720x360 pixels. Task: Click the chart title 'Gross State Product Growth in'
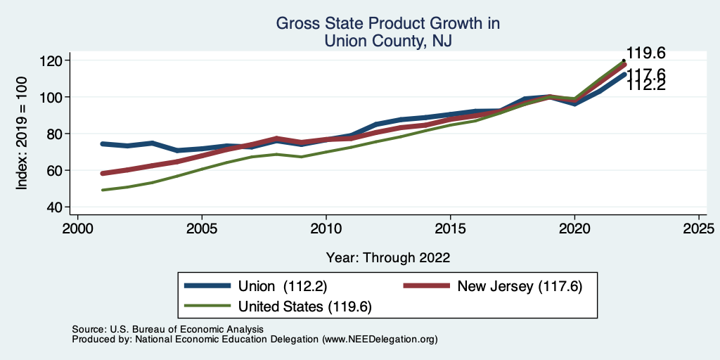tap(387, 24)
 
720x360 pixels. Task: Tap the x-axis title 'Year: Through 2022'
tap(388, 257)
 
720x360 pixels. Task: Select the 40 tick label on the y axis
tap(53, 207)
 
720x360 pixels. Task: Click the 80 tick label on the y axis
tap(53, 134)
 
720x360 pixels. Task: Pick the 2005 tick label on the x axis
tap(202, 229)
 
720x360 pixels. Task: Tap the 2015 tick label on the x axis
tap(450, 229)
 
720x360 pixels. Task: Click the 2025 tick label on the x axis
tap(699, 229)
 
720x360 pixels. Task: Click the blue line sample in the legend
tap(207, 285)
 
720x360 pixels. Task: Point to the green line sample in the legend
tap(207, 306)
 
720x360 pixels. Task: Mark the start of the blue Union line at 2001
tap(103, 143)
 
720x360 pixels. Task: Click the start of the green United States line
tap(103, 190)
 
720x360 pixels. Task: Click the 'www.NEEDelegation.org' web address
tap(380, 339)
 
